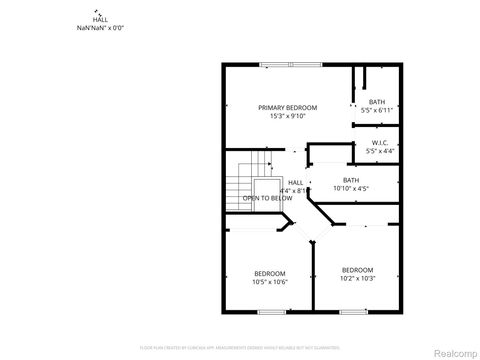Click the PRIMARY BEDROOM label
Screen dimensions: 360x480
[x=287, y=107]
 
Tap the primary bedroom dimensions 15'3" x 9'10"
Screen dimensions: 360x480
[x=287, y=116]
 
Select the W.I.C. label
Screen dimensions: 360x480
[x=379, y=143]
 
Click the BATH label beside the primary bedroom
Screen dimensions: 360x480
[x=377, y=102]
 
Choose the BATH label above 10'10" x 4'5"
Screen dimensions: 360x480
[x=351, y=180]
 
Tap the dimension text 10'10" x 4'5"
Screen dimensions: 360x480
[x=351, y=188]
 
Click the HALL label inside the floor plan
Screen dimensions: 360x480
[x=295, y=183]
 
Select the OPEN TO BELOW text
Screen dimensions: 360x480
[x=268, y=198]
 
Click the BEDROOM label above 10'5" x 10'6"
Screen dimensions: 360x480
[x=269, y=273]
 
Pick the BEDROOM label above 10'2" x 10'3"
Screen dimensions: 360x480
[x=357, y=270]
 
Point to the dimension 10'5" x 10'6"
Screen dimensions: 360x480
[x=269, y=282]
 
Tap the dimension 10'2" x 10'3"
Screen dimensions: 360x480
[x=357, y=279]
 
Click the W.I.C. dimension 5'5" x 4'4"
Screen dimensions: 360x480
[x=379, y=152]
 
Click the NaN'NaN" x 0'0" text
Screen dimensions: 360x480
[x=100, y=28]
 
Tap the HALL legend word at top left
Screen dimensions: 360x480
[x=100, y=20]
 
